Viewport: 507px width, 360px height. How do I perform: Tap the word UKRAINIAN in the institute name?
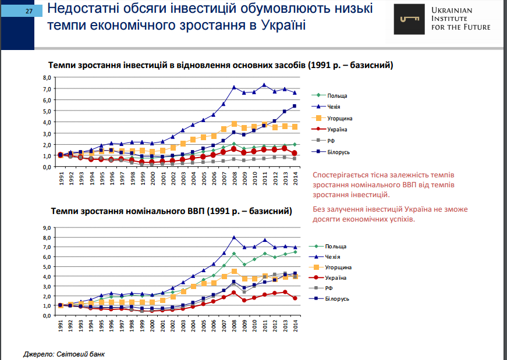[452, 10]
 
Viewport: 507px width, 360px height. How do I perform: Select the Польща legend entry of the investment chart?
[336, 95]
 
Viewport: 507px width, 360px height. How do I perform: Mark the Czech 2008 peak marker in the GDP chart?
[234, 237]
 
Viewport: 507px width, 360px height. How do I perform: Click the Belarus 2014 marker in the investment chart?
[295, 106]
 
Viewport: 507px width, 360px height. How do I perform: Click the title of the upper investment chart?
[221, 65]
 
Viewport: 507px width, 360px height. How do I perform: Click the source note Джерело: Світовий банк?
[65, 353]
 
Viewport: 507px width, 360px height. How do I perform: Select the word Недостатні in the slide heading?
[79, 9]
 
